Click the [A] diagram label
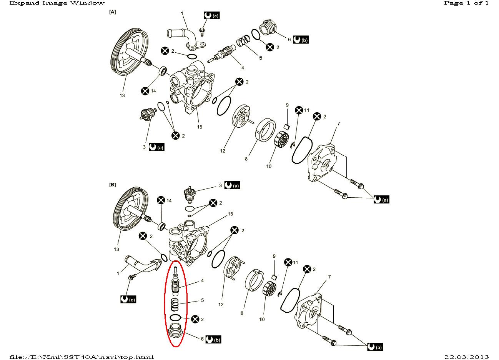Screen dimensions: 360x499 point(113,12)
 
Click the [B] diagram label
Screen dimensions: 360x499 point(113,185)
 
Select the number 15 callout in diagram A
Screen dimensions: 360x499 point(200,127)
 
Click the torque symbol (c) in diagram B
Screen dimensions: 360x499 point(128,299)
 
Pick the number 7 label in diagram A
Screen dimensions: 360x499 point(338,123)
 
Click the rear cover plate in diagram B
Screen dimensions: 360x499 point(309,312)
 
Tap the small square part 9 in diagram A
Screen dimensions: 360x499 point(286,126)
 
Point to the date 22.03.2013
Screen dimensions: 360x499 point(466,357)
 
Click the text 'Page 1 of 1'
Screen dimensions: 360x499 point(466,3)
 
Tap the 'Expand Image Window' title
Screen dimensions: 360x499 point(57,3)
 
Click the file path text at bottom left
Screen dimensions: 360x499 point(82,357)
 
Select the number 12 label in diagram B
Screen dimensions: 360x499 point(221,305)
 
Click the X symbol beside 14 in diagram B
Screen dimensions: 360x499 point(161,200)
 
